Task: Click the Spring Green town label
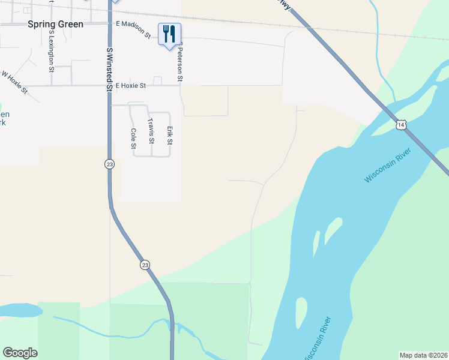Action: click(x=55, y=25)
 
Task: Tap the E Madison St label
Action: click(x=134, y=31)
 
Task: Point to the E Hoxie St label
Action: click(x=131, y=86)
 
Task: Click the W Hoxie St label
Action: click(x=14, y=83)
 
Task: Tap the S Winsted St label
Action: click(x=110, y=70)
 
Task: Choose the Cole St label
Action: click(x=133, y=139)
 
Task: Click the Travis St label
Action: click(x=151, y=131)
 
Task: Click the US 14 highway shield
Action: click(x=401, y=125)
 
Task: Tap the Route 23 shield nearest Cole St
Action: click(x=109, y=164)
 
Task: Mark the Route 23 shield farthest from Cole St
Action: click(x=145, y=265)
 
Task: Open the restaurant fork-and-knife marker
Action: click(x=169, y=34)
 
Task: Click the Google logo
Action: click(x=20, y=353)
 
